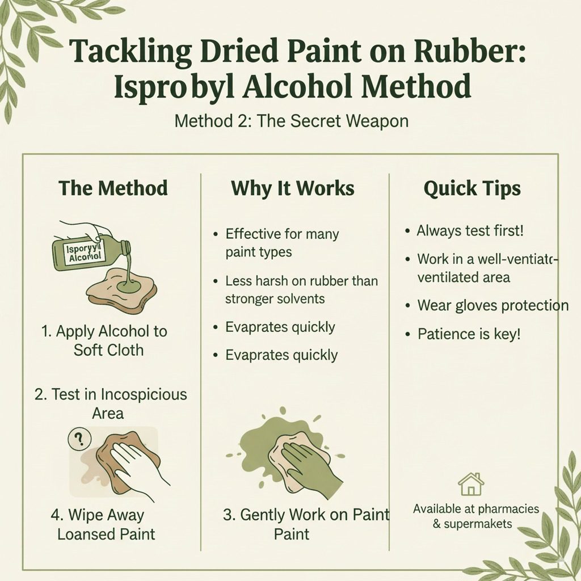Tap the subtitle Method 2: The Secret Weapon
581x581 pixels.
(291, 121)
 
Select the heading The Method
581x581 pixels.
(113, 188)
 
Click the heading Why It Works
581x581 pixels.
(293, 189)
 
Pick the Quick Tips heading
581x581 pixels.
(472, 189)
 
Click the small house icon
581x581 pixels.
(471, 485)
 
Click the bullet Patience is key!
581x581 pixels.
(468, 334)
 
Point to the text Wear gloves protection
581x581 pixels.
(492, 305)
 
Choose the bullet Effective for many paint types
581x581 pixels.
(282, 243)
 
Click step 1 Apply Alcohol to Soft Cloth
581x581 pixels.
(105, 340)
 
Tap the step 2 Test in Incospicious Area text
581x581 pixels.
(111, 403)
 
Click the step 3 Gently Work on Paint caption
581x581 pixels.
(306, 524)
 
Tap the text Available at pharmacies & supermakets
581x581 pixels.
(475, 516)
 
